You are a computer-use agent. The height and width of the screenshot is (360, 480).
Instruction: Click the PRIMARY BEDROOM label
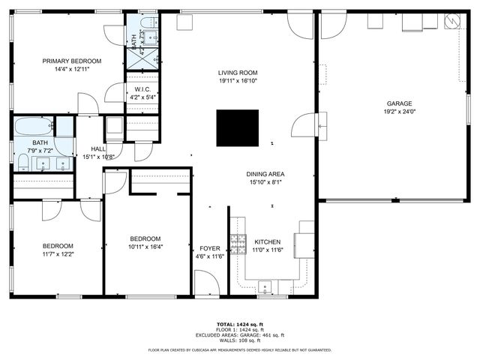click(71, 61)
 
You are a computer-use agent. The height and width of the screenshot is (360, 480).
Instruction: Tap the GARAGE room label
click(398, 103)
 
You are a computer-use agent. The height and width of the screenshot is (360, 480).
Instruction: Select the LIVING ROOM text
click(238, 73)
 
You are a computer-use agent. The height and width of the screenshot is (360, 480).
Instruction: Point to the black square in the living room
click(238, 128)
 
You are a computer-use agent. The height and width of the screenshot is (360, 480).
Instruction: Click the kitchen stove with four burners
click(238, 244)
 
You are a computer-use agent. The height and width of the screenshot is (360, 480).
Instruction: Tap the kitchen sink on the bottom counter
click(265, 286)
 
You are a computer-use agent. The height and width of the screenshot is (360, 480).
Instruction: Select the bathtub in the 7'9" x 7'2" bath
click(33, 126)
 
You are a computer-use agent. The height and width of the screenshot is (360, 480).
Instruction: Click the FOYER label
click(209, 249)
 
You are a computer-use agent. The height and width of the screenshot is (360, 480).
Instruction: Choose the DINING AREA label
click(265, 174)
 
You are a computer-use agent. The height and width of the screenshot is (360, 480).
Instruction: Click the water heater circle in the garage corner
click(451, 22)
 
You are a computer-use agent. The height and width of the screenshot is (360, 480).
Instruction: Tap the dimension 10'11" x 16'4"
click(145, 246)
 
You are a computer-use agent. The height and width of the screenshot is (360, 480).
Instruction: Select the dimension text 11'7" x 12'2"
click(57, 253)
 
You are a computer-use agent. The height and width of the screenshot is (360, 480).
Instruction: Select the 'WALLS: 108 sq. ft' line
click(239, 340)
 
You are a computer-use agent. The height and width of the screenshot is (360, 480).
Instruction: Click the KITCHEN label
click(268, 241)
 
